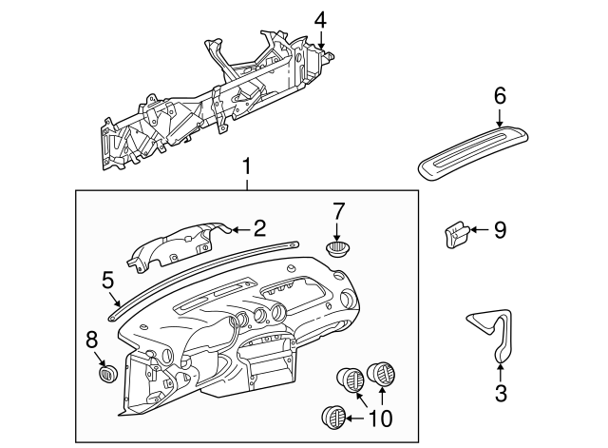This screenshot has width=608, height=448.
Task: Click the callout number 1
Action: click(x=247, y=167)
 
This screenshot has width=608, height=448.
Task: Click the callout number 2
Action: click(x=257, y=227)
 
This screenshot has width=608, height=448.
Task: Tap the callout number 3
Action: click(x=501, y=390)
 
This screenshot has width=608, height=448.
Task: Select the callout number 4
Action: click(x=320, y=19)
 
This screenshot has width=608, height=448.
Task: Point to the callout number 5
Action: click(x=107, y=279)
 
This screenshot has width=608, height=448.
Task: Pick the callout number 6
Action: click(x=501, y=95)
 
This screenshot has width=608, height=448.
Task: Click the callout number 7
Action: click(x=338, y=209)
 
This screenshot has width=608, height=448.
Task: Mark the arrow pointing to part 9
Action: click(x=479, y=229)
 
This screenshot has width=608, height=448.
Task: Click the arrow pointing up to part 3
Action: click(x=501, y=363)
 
